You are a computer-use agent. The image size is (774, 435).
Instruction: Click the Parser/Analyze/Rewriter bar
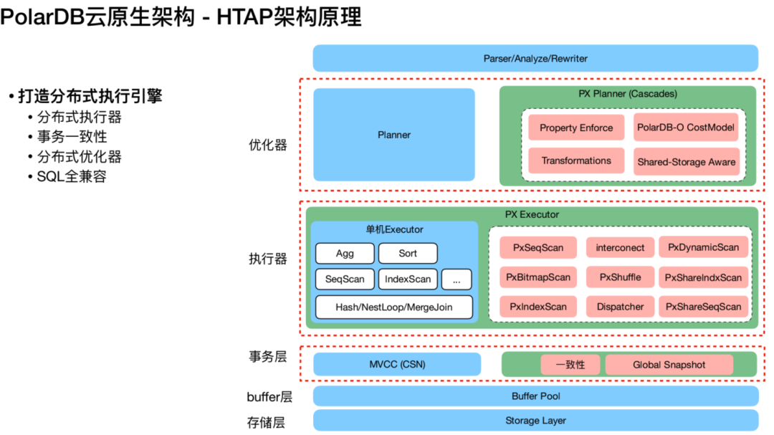(x=535, y=58)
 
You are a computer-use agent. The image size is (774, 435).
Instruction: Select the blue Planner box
(x=394, y=135)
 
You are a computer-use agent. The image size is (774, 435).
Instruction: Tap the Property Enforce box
(x=576, y=128)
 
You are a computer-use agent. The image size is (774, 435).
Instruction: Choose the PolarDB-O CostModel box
(x=686, y=128)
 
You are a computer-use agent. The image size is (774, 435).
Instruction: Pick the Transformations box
(x=576, y=161)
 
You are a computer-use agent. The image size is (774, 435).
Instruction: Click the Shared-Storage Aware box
(x=686, y=162)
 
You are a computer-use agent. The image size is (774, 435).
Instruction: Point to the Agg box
(x=345, y=253)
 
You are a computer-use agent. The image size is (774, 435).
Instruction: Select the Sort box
(x=408, y=253)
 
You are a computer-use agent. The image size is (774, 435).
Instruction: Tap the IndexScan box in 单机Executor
(x=408, y=279)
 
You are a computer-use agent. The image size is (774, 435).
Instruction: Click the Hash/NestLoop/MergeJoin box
(x=394, y=307)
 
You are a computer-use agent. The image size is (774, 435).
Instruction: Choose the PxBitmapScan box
(x=538, y=277)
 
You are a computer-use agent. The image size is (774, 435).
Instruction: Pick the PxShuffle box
(x=620, y=277)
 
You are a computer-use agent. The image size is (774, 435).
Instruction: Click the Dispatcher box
(x=620, y=307)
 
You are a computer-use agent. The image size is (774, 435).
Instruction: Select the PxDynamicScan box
(x=703, y=247)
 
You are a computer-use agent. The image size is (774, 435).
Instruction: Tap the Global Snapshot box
(x=669, y=365)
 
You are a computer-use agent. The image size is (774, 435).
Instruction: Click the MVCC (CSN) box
(x=397, y=364)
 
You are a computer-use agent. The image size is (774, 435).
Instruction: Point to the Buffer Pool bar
(x=535, y=396)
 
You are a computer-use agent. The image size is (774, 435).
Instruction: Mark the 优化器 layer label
(x=268, y=145)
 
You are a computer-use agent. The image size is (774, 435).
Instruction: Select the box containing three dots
(x=457, y=279)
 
